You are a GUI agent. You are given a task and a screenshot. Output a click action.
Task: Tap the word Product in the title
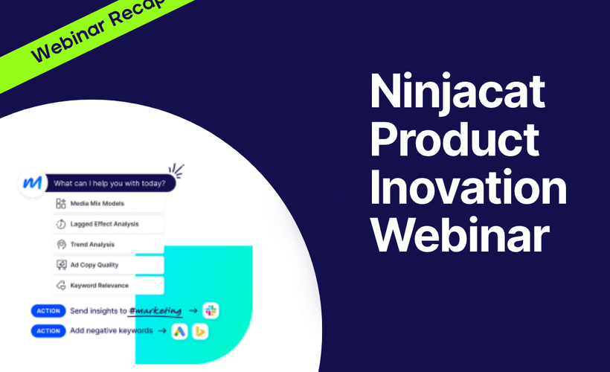tap(455, 141)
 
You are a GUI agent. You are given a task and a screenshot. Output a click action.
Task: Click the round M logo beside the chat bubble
tap(31, 182)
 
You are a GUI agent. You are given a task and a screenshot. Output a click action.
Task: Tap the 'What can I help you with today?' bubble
tap(110, 182)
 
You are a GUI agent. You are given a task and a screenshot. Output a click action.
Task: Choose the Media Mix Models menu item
tap(108, 203)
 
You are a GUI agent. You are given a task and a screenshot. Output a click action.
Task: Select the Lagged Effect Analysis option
tap(108, 223)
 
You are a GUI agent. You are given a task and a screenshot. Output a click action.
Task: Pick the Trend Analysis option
tap(108, 244)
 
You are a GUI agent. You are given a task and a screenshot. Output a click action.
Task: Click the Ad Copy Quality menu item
tap(108, 264)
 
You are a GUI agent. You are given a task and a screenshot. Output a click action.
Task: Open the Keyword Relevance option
tap(108, 285)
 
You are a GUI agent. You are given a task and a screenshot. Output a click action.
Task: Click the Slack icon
tap(211, 311)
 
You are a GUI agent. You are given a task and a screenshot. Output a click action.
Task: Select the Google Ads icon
tap(179, 331)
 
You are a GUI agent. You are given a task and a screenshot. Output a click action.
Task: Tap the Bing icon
tap(199, 331)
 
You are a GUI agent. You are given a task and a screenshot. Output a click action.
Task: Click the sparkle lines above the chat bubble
tap(176, 170)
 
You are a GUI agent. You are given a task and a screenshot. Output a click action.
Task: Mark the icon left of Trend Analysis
tap(61, 244)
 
